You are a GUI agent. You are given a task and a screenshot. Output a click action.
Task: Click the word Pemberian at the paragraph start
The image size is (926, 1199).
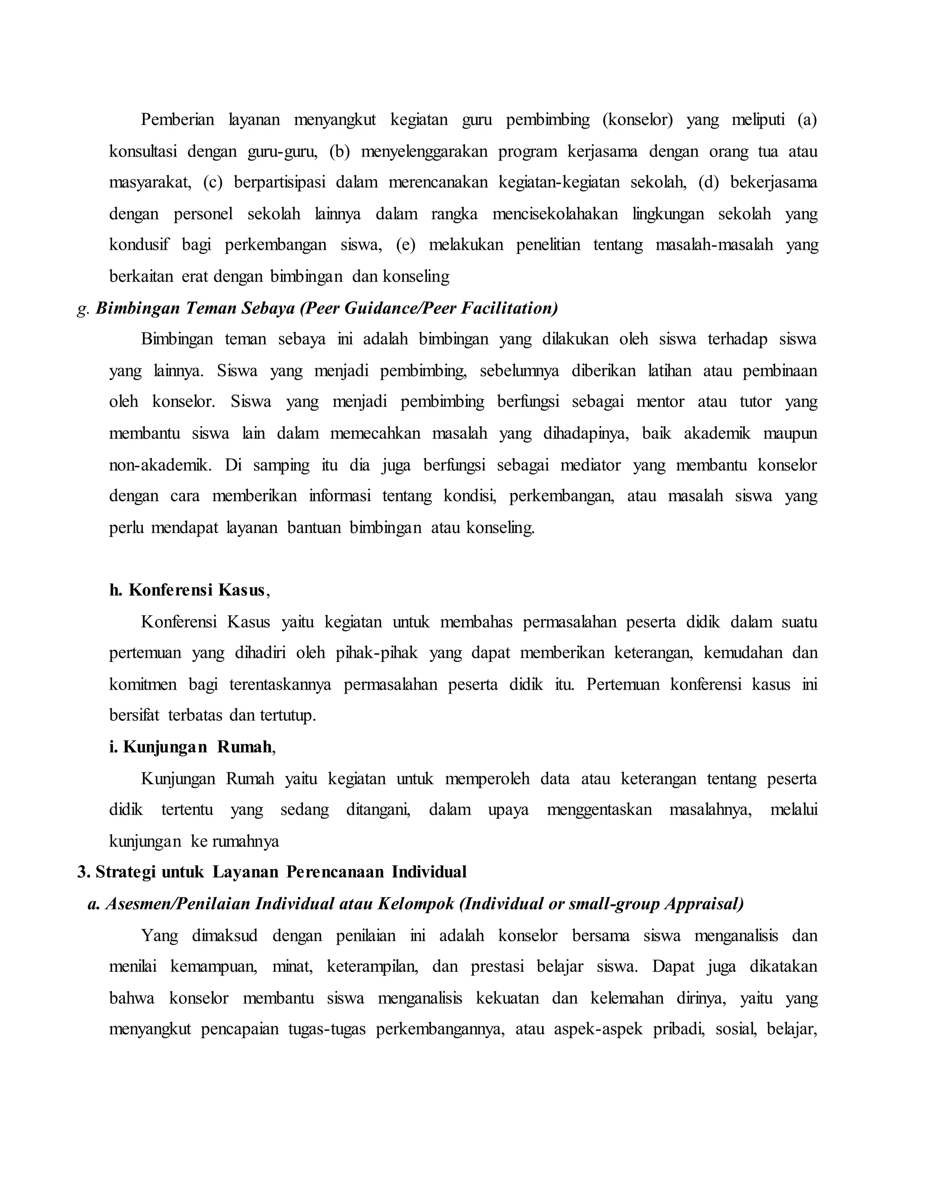[x=177, y=120]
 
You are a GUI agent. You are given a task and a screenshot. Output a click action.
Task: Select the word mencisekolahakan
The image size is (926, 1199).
[x=555, y=214]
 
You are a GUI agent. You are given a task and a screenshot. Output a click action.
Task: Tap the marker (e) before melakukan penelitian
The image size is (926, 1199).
[x=406, y=245]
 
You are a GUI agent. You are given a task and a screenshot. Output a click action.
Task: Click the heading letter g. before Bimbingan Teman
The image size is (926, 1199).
[x=83, y=309]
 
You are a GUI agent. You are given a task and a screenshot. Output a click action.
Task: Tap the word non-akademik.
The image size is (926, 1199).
[x=160, y=466]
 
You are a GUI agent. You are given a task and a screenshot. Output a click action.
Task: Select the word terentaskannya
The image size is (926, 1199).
[x=280, y=685]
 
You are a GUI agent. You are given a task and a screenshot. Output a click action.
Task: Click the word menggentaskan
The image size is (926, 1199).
[x=599, y=810]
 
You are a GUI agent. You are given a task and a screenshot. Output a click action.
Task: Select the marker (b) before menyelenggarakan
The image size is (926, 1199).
[x=339, y=152]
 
